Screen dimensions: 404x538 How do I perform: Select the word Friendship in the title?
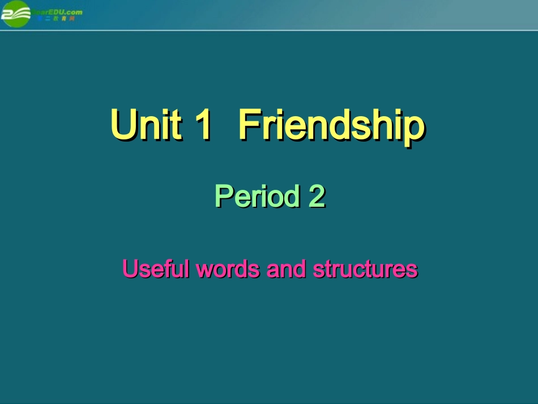[x=331, y=125]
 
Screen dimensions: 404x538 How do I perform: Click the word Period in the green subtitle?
[x=257, y=197]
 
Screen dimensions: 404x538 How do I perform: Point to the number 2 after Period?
[x=317, y=197]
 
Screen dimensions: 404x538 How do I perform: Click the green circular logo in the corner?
[x=16, y=14]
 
